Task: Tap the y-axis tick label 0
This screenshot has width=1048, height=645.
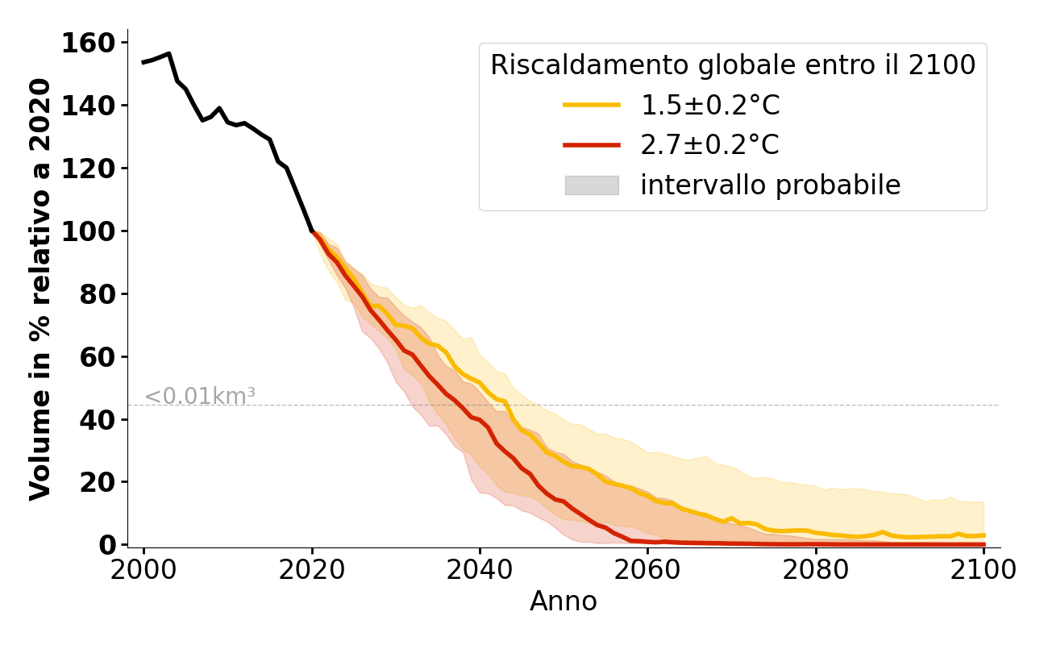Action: pos(108,546)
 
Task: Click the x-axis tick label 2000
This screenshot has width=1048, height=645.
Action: pos(143,570)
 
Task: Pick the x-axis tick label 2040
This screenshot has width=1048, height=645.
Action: pos(480,570)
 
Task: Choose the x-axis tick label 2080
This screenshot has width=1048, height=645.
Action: pos(816,570)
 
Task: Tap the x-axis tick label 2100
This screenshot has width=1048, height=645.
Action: pos(984,570)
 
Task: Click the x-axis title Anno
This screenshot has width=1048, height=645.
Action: pos(564,601)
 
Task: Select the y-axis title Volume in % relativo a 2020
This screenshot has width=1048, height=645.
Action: pos(40,289)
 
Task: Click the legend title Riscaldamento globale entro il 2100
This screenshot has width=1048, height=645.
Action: pos(733,65)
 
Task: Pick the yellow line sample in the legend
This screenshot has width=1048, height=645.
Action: pos(592,105)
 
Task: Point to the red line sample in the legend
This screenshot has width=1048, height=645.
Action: pos(592,145)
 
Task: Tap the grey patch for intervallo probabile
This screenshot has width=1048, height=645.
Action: pos(592,185)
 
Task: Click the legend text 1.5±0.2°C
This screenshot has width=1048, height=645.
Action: pos(710,105)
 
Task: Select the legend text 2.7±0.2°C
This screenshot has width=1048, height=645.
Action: pos(710,145)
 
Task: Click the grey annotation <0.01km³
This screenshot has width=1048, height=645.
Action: pos(200,397)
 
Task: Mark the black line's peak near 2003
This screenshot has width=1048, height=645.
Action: pos(168,54)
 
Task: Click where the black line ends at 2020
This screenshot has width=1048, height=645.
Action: pos(312,231)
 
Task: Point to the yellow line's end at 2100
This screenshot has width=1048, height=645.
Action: pos(984,535)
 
